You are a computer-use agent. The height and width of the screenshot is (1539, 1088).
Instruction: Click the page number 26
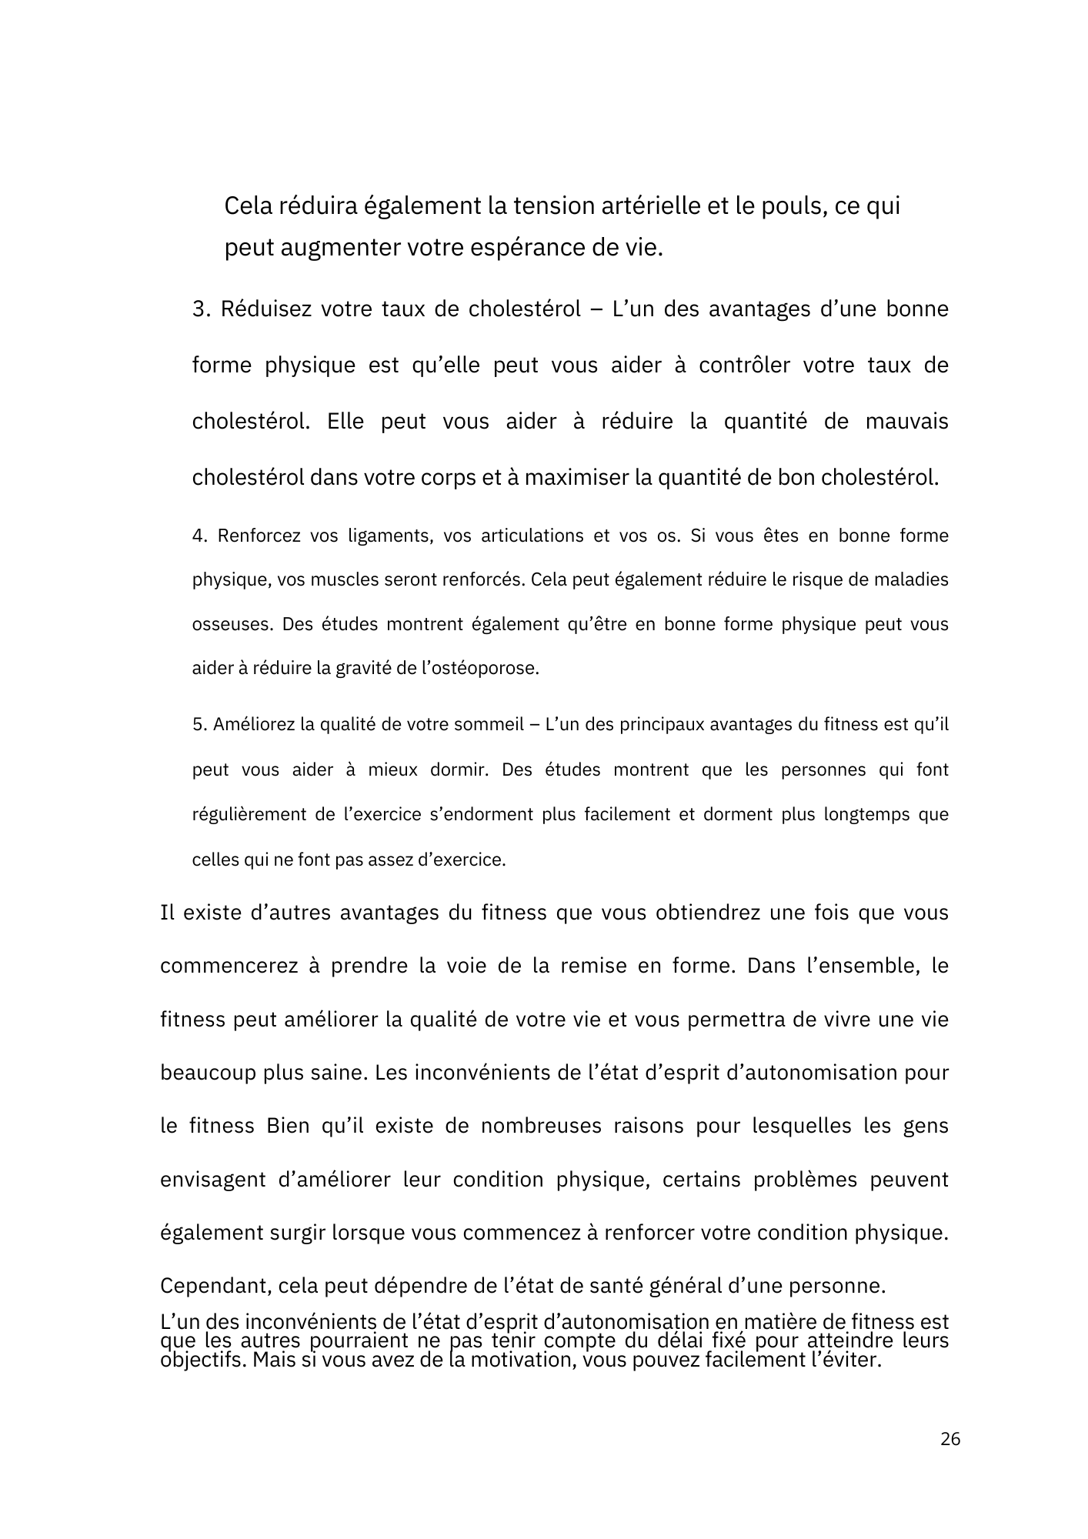pyautogui.click(x=950, y=1439)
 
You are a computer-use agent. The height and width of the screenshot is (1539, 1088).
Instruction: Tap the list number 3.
pyautogui.click(x=201, y=309)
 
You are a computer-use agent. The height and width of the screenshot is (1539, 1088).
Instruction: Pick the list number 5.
pyautogui.click(x=199, y=725)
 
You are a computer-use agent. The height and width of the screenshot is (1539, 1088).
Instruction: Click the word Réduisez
pyautogui.click(x=265, y=309)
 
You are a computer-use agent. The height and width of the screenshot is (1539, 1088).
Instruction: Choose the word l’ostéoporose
pyautogui.click(x=478, y=669)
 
